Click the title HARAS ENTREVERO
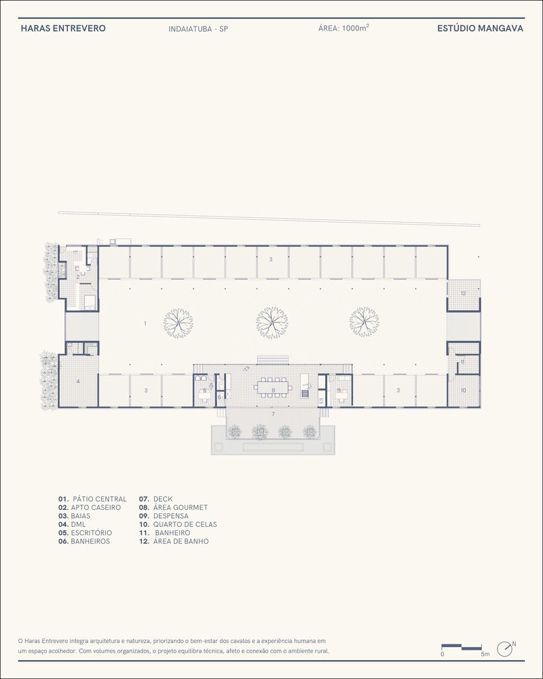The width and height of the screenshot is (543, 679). pyautogui.click(x=63, y=29)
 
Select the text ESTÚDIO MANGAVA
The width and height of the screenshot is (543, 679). pyautogui.click(x=480, y=29)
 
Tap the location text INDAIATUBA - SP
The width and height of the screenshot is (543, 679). pyautogui.click(x=198, y=29)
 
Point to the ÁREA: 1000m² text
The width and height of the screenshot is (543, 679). pyautogui.click(x=344, y=28)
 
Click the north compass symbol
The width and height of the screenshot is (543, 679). pyautogui.click(x=505, y=648)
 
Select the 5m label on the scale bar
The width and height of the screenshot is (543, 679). pyautogui.click(x=485, y=655)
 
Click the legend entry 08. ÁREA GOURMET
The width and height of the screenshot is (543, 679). pyautogui.click(x=173, y=507)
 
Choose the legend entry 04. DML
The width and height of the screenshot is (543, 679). pyautogui.click(x=72, y=524)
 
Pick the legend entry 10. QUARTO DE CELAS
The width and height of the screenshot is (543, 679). pyautogui.click(x=178, y=524)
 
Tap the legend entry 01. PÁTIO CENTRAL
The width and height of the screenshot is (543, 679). pyautogui.click(x=92, y=499)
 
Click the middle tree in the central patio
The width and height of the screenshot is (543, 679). pyautogui.click(x=272, y=323)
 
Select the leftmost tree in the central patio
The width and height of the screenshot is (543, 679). pyautogui.click(x=178, y=323)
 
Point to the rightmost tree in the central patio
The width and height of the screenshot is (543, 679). pyautogui.click(x=364, y=322)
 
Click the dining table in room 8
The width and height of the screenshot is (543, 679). pyautogui.click(x=273, y=388)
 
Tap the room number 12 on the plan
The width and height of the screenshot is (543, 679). pyautogui.click(x=464, y=293)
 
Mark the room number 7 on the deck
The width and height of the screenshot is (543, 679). pyautogui.click(x=273, y=414)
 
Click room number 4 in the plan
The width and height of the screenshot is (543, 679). pyautogui.click(x=78, y=382)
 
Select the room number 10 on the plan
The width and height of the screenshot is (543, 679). pyautogui.click(x=464, y=390)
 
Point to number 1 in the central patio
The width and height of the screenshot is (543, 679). pyautogui.click(x=145, y=323)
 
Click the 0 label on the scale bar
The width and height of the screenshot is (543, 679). pyautogui.click(x=442, y=655)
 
